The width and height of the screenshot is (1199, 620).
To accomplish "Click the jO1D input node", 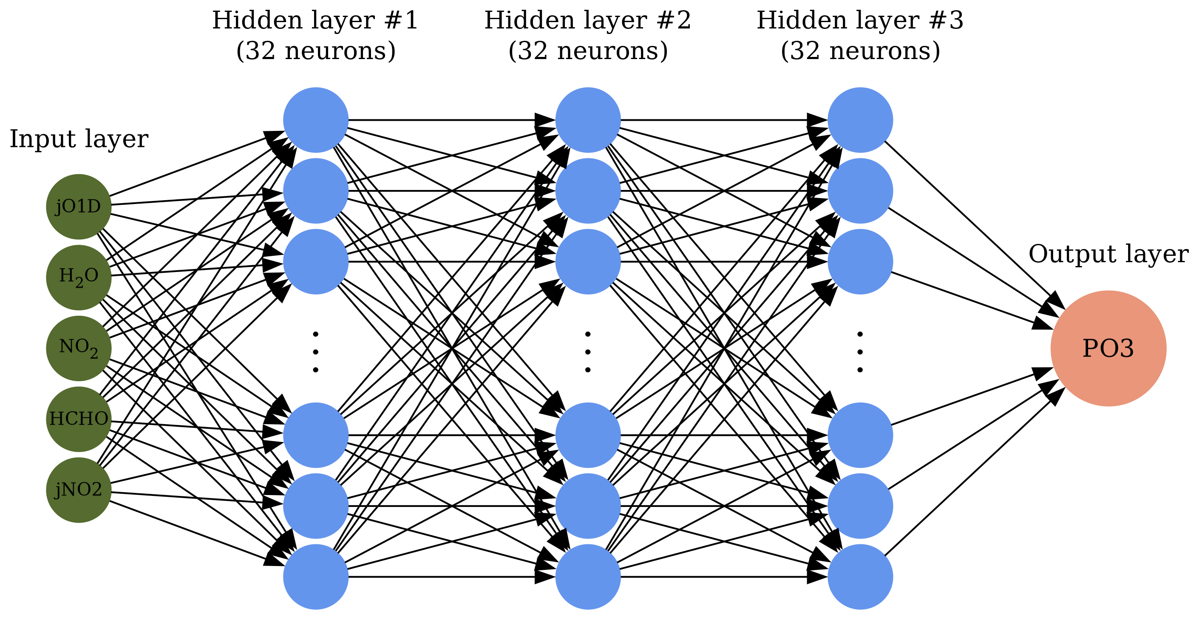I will tap(79, 207).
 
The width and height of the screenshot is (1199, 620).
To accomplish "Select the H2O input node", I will tap(79, 277).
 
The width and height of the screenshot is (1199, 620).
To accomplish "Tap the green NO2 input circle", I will tap(79, 348).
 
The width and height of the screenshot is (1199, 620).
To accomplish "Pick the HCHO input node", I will tap(79, 419).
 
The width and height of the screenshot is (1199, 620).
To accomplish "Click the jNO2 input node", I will tap(79, 490).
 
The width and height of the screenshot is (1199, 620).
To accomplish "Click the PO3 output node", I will tap(1108, 348).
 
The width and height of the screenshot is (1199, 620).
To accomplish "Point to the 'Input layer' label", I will tap(79, 139).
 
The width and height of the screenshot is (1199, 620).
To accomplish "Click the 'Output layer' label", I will tap(1108, 254).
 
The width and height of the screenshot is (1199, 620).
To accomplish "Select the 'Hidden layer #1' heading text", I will tap(315, 20).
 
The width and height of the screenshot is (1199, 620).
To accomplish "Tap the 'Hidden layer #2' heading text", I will tap(588, 20).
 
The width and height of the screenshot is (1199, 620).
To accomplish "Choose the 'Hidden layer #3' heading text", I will tap(860, 20).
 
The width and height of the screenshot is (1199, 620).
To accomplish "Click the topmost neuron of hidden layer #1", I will tap(315, 120).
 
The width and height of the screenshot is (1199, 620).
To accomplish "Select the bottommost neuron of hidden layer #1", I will tap(315, 577).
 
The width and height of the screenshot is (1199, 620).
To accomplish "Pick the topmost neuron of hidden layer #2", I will tap(588, 120).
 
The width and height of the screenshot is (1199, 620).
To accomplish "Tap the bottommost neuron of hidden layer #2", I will tap(588, 577).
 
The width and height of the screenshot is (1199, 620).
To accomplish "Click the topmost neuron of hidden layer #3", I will tap(860, 120).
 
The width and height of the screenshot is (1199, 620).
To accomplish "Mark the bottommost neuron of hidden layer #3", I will tap(860, 577).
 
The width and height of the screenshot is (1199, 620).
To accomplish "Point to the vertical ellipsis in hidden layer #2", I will tap(588, 352).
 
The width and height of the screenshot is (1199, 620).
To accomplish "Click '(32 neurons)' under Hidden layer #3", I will tap(860, 51).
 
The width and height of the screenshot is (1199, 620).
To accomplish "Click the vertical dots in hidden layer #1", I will tap(315, 352).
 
